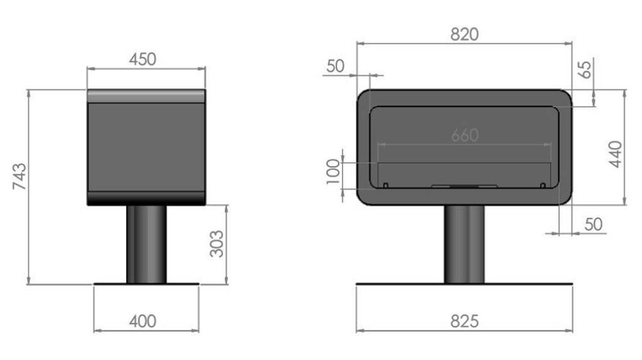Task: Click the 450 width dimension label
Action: (142, 60)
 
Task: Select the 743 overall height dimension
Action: (19, 176)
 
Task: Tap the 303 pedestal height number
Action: (216, 244)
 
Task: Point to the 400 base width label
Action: (142, 322)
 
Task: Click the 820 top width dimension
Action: (465, 35)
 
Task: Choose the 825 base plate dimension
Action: (465, 322)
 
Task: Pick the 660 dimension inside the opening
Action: (465, 135)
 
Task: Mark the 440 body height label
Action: (616, 154)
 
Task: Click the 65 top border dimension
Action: (586, 69)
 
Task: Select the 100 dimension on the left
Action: (334, 172)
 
